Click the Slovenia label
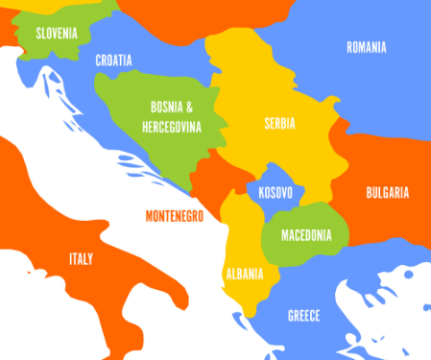pos(57,33)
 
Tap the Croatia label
pos(113,60)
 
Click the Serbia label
pos(279,124)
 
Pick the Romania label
pos(366,47)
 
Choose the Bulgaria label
pos(387,192)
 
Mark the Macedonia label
pos(306,235)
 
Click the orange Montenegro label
pos(175,217)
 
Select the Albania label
pos(244,274)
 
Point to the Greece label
pos(303,316)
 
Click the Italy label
pos(81,259)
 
